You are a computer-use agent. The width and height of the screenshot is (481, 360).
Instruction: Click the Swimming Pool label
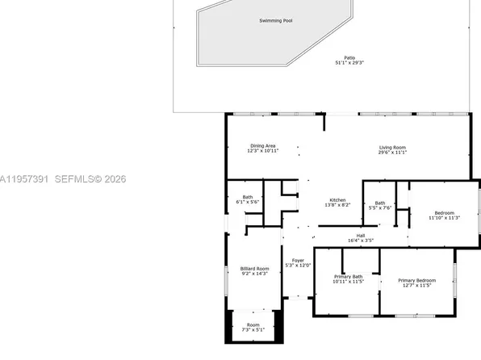click(276, 20)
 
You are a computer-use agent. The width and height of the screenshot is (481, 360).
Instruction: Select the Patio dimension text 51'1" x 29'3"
click(349, 63)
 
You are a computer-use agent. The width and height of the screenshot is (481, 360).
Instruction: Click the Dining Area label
click(262, 146)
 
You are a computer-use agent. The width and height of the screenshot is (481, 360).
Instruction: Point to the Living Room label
click(392, 147)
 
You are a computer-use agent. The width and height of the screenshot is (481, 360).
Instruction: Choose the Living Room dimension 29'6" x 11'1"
click(392, 152)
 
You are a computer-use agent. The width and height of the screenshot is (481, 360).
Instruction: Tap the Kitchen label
click(337, 200)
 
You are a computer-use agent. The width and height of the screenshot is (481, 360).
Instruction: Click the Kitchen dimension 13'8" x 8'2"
click(337, 205)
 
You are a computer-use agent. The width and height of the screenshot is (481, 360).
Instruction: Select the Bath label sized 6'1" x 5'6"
click(247, 196)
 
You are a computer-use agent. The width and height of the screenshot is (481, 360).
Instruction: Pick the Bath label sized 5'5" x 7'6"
click(379, 203)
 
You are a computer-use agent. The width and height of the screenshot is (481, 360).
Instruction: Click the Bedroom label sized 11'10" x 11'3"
click(443, 212)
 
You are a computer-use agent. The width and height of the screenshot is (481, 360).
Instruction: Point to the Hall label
click(361, 235)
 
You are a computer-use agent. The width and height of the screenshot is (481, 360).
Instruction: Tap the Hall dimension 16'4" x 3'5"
click(361, 240)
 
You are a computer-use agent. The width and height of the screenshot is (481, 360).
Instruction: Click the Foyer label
click(298, 260)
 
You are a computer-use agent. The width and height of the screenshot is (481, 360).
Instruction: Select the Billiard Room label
click(254, 268)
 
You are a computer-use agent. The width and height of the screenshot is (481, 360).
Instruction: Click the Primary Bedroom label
click(416, 280)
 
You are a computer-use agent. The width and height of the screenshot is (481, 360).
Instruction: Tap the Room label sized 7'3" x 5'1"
click(254, 325)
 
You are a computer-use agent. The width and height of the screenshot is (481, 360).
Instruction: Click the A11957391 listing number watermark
click(23, 178)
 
